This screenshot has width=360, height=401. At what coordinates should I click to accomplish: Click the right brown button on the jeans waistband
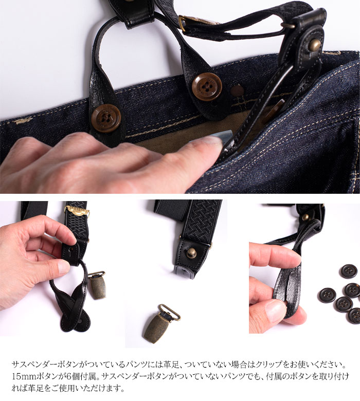207,86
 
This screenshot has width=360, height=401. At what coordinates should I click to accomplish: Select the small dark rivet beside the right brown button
237,91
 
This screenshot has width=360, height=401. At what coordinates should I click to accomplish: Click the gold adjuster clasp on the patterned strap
77,211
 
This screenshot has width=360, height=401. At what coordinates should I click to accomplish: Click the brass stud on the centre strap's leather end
192,252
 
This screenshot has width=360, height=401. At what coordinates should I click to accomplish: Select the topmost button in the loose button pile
349,271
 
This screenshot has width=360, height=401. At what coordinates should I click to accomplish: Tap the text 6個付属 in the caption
83,376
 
